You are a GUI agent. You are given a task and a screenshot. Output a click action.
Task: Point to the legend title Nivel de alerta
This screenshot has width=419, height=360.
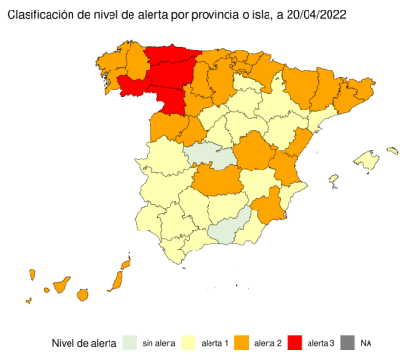84,342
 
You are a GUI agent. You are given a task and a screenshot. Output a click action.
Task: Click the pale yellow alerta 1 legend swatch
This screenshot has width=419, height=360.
186,342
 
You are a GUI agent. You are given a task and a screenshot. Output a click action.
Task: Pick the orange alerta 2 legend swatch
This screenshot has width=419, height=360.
242,342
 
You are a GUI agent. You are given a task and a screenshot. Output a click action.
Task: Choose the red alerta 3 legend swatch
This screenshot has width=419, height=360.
297,342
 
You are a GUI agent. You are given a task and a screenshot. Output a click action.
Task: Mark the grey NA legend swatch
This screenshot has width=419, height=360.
347,342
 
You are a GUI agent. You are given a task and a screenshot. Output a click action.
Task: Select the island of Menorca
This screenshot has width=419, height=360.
391,150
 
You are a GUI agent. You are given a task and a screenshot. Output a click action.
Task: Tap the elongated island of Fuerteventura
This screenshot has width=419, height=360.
116,280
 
